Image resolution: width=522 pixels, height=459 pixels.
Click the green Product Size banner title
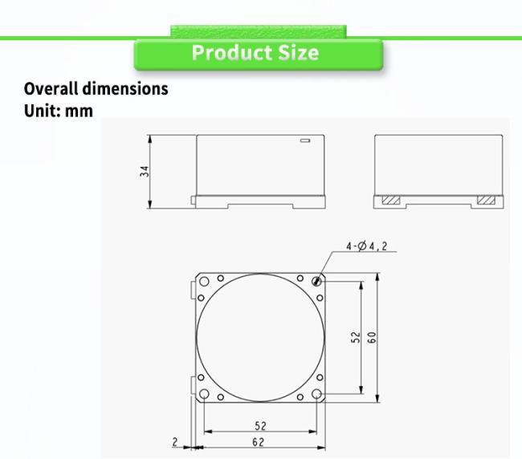255,52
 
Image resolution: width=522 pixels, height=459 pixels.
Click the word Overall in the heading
51,89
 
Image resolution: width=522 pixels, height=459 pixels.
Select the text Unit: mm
59,111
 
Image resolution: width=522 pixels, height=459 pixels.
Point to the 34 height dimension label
145,172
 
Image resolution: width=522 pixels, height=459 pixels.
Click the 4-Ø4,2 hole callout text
366,246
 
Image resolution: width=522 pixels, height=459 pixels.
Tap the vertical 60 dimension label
372,337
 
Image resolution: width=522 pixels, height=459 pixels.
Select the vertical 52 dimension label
356,337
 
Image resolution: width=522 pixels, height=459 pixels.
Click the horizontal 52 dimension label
261,426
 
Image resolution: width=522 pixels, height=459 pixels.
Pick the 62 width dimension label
259,442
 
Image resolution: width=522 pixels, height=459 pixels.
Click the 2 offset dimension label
175,442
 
